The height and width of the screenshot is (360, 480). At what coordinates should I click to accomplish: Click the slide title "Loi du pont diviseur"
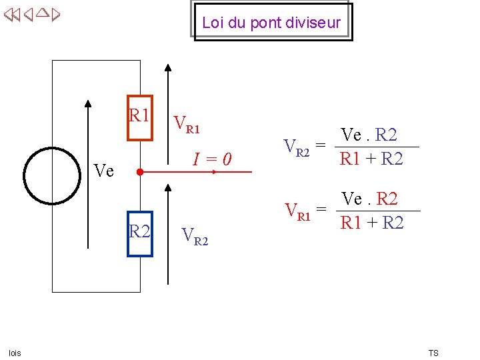271,23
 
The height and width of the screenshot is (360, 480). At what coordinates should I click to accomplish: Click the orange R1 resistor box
140,118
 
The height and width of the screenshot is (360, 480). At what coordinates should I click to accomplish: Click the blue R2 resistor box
141,233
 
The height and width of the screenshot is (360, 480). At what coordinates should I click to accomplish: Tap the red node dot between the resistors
139,172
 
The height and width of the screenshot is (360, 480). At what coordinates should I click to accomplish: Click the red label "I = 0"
212,159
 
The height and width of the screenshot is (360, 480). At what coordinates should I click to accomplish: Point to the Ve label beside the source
104,171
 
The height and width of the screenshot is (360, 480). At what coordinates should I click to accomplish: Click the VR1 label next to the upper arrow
186,124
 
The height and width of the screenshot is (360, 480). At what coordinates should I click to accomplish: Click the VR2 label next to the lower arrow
195,236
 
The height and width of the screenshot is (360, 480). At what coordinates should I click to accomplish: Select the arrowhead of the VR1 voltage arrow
168,67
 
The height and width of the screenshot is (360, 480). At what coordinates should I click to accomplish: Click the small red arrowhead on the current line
214,172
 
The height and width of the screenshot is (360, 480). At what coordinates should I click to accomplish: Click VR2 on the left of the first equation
297,147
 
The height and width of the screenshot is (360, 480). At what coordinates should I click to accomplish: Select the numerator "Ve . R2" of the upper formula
369,135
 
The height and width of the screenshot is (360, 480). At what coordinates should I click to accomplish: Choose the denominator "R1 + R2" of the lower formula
372,223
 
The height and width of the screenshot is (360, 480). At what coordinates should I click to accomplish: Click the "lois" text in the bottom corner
15,353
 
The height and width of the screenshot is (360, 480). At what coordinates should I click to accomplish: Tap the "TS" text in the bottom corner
433,353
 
